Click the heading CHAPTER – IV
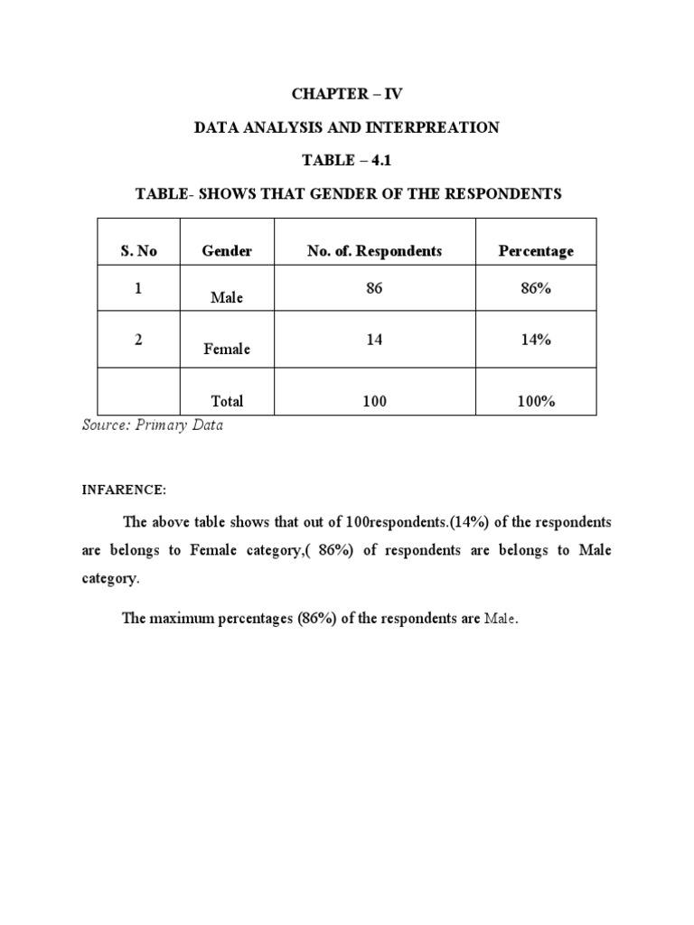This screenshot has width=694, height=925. (346, 94)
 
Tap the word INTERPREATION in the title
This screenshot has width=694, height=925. (436, 127)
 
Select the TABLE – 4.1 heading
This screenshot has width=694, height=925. (346, 161)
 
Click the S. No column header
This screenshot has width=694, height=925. (138, 251)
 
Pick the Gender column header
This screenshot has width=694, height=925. (227, 251)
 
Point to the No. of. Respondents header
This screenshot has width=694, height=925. (374, 251)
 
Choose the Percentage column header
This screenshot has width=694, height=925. (536, 251)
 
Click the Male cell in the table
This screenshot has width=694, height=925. (226, 297)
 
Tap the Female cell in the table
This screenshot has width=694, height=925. (227, 349)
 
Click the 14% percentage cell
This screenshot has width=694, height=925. (536, 340)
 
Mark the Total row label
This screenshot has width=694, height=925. (226, 401)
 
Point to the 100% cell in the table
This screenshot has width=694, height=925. (536, 401)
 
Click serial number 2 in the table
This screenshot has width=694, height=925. (138, 340)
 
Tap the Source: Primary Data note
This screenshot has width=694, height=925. (153, 426)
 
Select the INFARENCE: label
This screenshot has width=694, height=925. (125, 490)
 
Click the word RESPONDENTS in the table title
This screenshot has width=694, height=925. (507, 194)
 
